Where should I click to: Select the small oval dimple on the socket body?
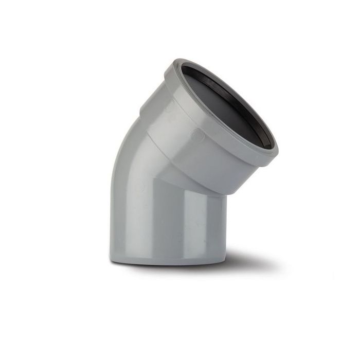(197, 135)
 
